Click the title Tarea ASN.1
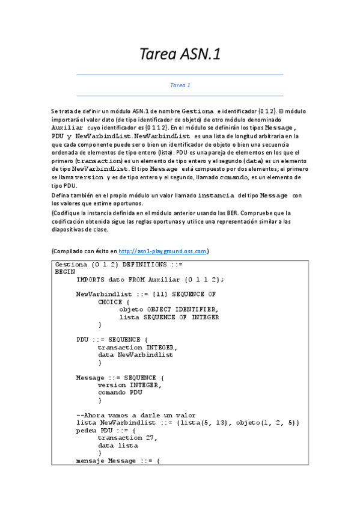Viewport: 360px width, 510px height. click(x=180, y=55)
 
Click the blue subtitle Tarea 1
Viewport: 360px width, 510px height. click(x=180, y=85)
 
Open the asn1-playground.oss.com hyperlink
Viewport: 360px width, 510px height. click(x=171, y=251)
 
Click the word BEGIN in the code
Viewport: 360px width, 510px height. click(x=65, y=272)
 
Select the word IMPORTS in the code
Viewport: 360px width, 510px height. click(x=90, y=279)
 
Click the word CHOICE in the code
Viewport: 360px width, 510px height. click(x=109, y=302)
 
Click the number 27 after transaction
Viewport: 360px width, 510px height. click(x=152, y=438)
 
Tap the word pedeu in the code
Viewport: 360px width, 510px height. click(x=87, y=431)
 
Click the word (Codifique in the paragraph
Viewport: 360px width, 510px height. click(x=67, y=213)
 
